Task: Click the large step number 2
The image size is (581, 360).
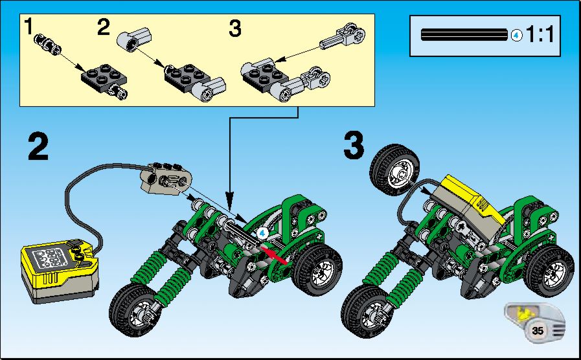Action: (38, 147)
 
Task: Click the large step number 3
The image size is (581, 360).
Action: (354, 146)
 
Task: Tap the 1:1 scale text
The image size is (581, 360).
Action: (540, 35)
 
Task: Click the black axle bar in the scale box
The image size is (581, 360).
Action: (464, 35)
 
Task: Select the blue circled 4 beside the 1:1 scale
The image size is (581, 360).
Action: (516, 36)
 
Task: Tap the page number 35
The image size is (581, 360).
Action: (537, 330)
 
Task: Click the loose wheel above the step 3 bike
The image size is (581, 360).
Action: (394, 170)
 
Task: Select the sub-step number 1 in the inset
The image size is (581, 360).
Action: (28, 27)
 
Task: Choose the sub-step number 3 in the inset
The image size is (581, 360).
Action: (235, 28)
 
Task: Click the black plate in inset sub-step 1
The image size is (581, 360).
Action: (104, 76)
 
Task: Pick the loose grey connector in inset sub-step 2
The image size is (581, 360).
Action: (135, 39)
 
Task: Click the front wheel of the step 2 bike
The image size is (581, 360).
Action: (135, 310)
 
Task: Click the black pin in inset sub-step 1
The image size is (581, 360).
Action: (47, 45)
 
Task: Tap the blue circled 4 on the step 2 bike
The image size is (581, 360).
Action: (262, 233)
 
